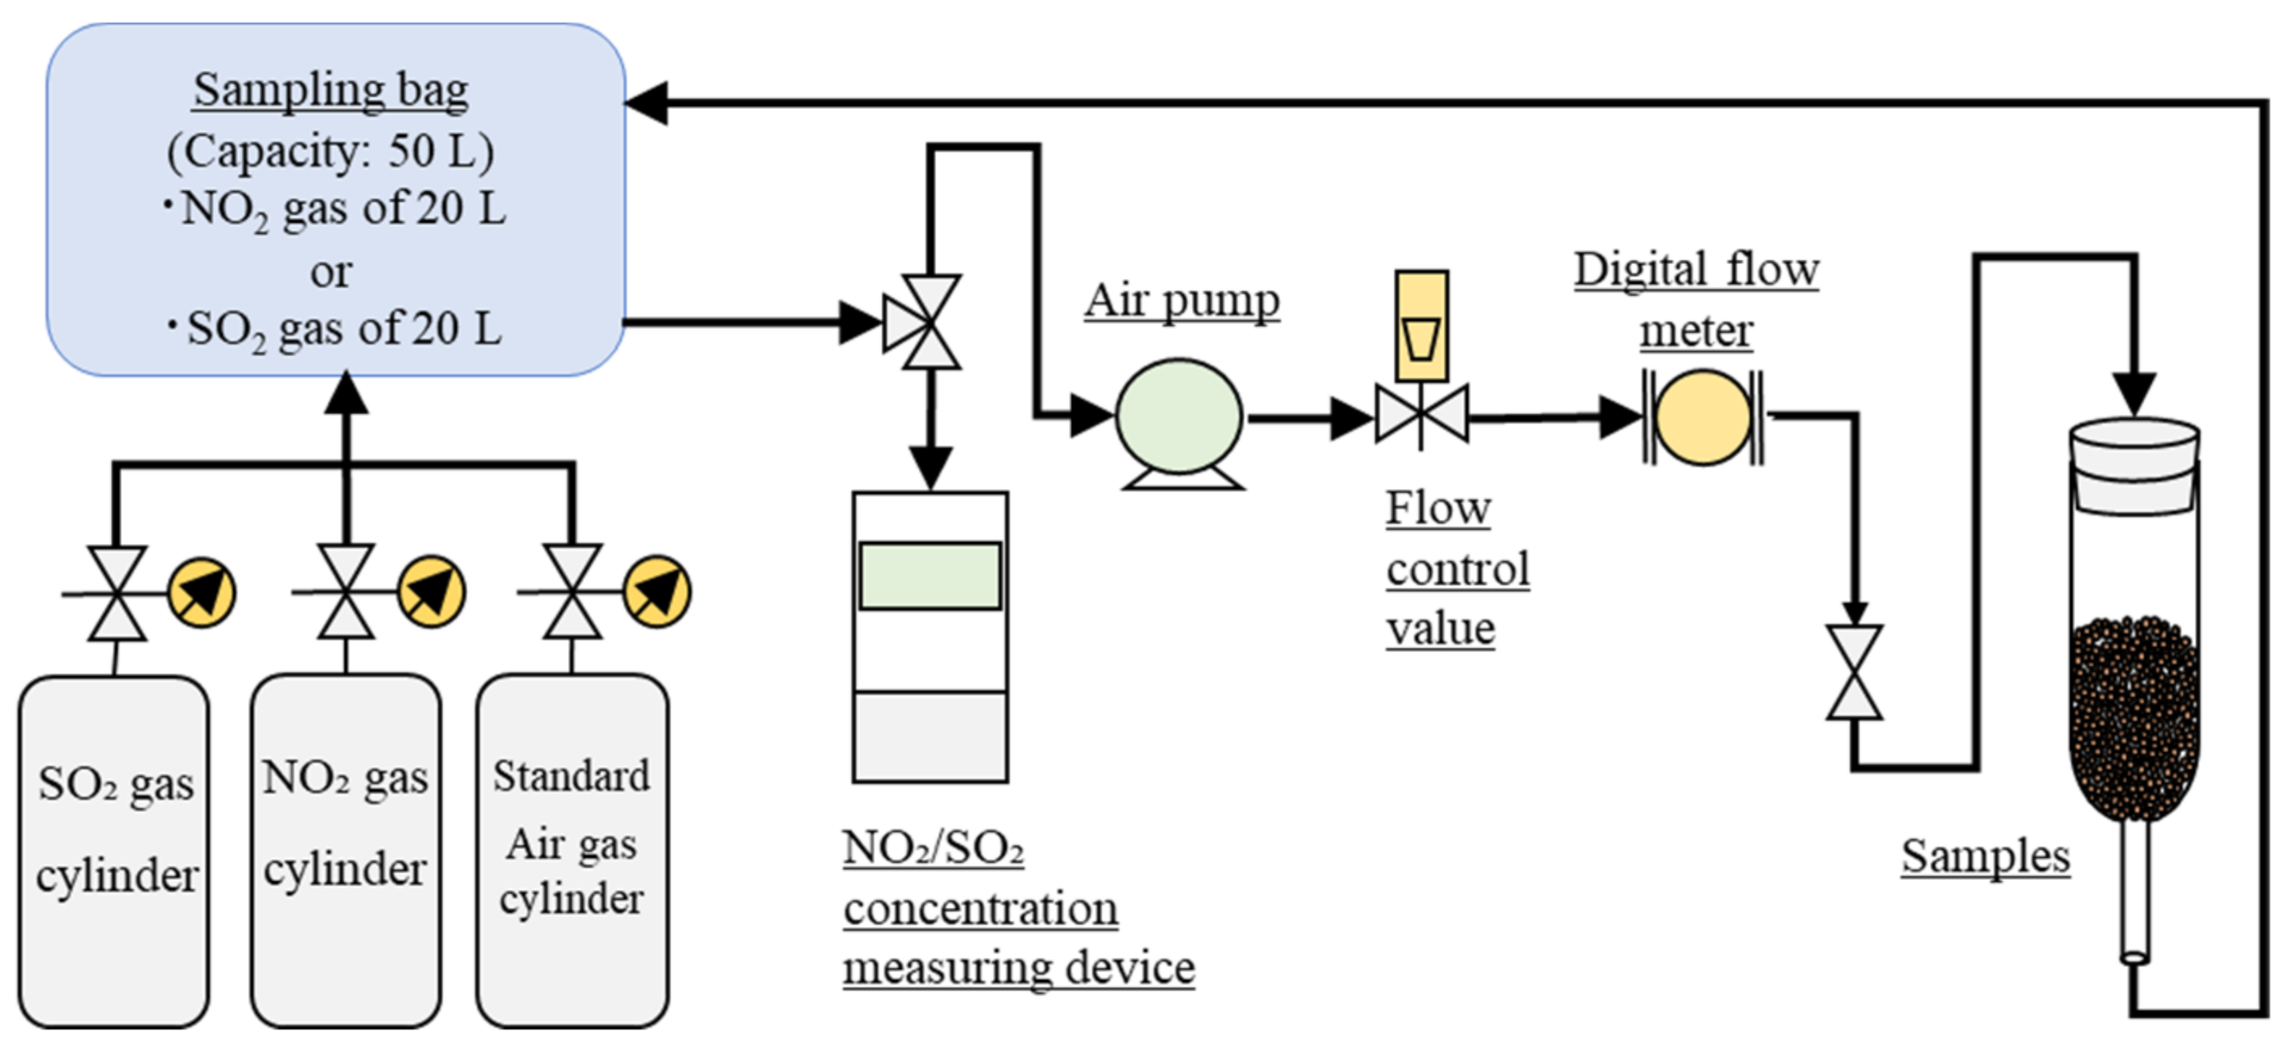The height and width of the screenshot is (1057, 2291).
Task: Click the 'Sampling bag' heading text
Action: tap(331, 91)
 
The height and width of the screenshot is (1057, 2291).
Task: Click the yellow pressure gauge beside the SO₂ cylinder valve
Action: tap(202, 592)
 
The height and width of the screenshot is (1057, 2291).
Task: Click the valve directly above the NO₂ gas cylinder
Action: tap(346, 592)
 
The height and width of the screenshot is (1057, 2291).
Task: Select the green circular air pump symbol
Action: tap(1179, 415)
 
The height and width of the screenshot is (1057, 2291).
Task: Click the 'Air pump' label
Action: tap(1181, 301)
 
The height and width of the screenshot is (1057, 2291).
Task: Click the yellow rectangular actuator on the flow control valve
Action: tap(1421, 326)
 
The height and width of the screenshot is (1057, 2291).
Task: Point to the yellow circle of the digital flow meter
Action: tap(1702, 417)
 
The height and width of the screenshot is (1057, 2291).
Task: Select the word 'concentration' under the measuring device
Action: tap(980, 909)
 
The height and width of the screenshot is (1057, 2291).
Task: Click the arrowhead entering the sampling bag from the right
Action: tap(646, 103)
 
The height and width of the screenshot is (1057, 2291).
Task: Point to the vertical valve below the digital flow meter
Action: tap(1854, 672)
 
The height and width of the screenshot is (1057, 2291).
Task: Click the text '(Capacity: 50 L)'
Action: tap(331, 151)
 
